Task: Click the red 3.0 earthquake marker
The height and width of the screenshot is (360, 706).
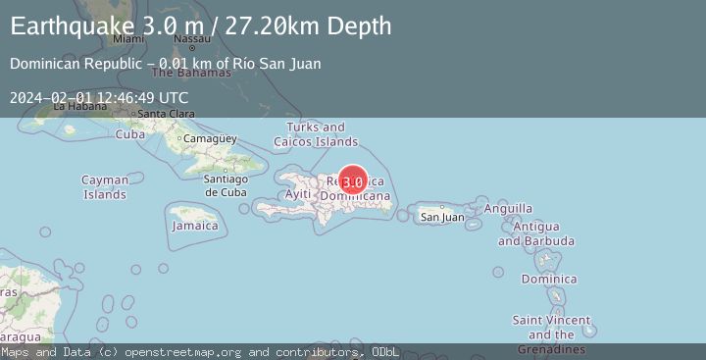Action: point(353,180)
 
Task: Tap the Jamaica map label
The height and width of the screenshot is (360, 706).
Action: point(195,226)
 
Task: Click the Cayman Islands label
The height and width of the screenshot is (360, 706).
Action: point(105,187)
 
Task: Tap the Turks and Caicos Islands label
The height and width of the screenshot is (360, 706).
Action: point(316,134)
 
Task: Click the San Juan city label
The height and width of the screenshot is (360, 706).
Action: point(442,217)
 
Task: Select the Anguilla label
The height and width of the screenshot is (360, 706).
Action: point(509,208)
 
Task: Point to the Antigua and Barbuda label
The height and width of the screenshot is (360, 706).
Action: point(536,234)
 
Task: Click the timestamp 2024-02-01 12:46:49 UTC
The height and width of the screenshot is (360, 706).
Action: point(99,97)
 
